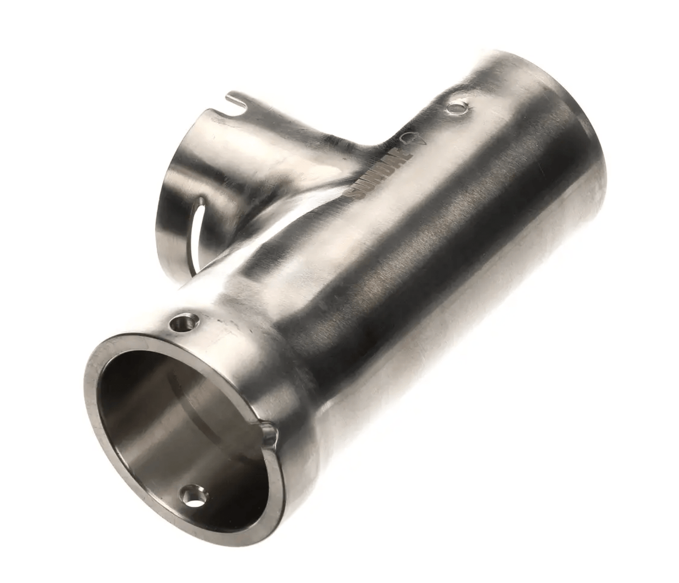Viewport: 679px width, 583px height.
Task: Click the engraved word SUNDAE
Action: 380,172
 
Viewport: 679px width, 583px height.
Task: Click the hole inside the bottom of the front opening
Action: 195,496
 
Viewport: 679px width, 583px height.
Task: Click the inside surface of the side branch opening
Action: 188,155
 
